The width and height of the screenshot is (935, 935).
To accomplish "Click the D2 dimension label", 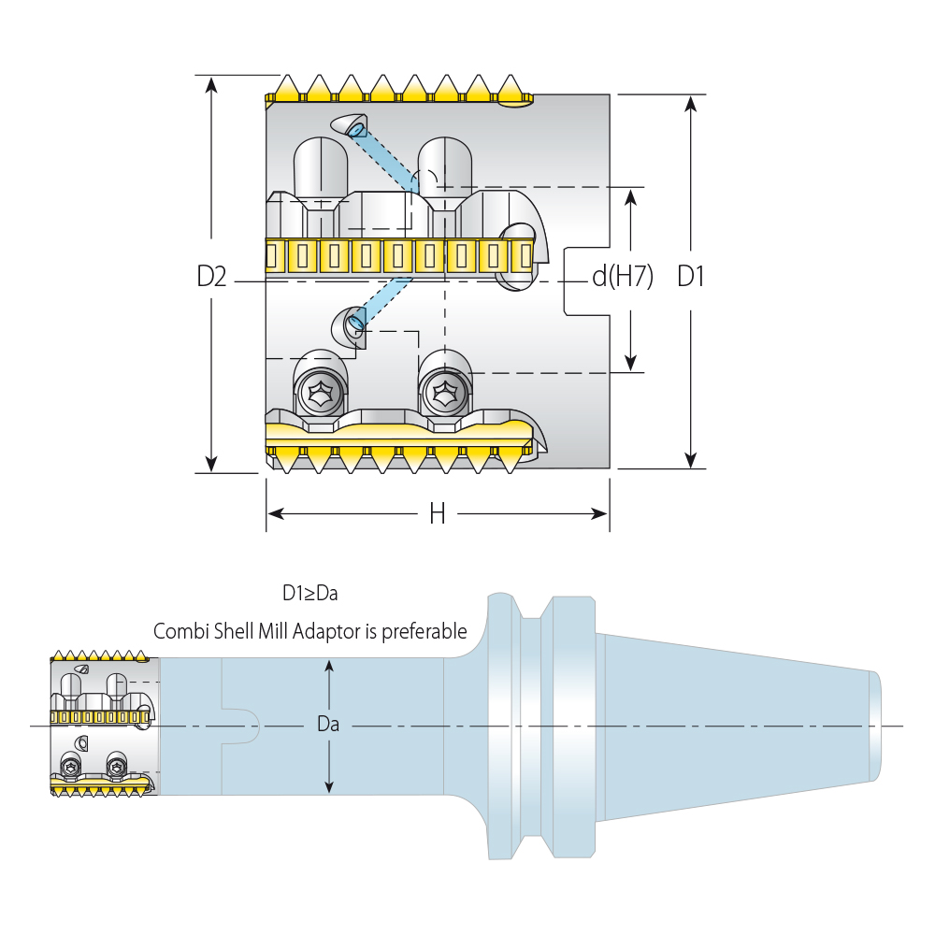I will pos(211,277).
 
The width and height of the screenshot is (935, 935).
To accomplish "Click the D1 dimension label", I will pos(691,277).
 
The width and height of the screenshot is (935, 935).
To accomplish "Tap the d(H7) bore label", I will pos(622,277).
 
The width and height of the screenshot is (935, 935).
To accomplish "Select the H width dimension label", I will pos(437,513).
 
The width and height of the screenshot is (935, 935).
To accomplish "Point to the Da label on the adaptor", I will pos(328,725).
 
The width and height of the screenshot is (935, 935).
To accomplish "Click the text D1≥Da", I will pos(309,593).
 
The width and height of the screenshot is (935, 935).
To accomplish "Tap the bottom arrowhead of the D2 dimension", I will pos(211,464).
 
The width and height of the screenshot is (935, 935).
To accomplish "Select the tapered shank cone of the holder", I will pos(739,726).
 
